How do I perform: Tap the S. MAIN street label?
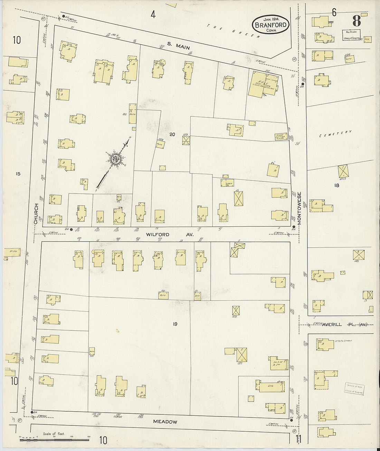pos(178,46)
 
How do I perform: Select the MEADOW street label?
pos(165,422)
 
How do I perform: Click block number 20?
pos(172,134)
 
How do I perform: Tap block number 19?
pos(175,324)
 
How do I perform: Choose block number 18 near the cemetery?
pos(336,185)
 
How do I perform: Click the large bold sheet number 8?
pos(357,21)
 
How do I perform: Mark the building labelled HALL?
pos(264,85)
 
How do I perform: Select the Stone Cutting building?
pos(281,136)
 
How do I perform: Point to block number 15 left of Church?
pos(18,174)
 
